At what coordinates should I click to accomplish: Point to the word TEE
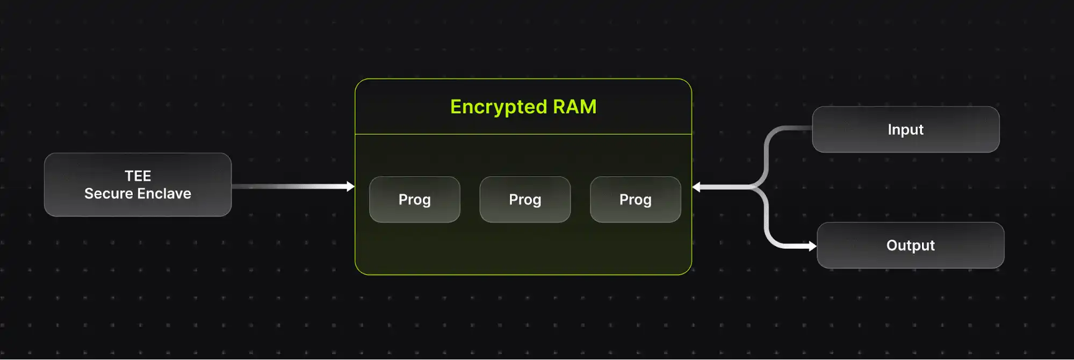click(x=138, y=176)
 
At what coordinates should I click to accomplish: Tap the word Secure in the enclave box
click(x=108, y=193)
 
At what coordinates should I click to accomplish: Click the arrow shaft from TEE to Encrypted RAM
click(x=290, y=186)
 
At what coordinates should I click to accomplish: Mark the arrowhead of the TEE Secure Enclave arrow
click(x=351, y=186)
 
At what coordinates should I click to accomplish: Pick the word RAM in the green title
click(x=574, y=107)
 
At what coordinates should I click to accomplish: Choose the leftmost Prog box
click(x=414, y=199)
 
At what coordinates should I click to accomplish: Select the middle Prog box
click(x=525, y=199)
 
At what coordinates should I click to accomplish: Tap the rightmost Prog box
click(x=635, y=199)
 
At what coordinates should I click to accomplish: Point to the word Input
click(x=905, y=129)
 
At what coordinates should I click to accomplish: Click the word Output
click(x=910, y=246)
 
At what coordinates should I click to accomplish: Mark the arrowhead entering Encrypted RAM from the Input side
click(x=696, y=187)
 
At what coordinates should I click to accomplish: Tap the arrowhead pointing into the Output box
click(x=812, y=246)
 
